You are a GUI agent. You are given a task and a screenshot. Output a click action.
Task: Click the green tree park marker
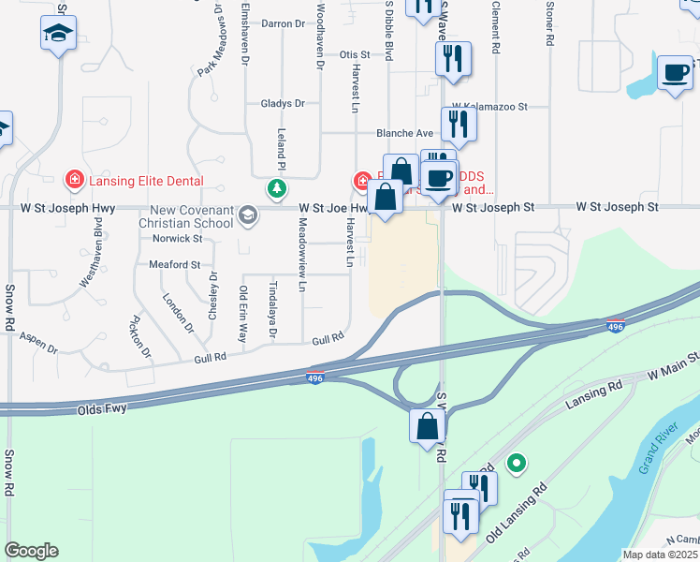[x=277, y=189]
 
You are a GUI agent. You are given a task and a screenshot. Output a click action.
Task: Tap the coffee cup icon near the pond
[x=675, y=72]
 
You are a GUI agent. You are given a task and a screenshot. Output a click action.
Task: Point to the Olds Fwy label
[x=101, y=409]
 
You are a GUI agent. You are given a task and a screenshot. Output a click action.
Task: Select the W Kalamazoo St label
[x=489, y=108]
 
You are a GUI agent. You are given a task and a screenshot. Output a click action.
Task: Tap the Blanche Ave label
[x=405, y=133]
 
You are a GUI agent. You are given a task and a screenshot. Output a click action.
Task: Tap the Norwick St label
[x=177, y=239]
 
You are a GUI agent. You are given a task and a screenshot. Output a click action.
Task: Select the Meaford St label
[x=175, y=265]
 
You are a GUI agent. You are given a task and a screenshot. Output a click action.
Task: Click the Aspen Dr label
[x=38, y=342]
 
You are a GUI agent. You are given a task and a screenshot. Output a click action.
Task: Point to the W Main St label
[x=674, y=362]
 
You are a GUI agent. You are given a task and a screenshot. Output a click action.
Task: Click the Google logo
[x=31, y=551]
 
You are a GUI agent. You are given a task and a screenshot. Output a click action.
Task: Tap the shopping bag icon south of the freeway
[x=427, y=427]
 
